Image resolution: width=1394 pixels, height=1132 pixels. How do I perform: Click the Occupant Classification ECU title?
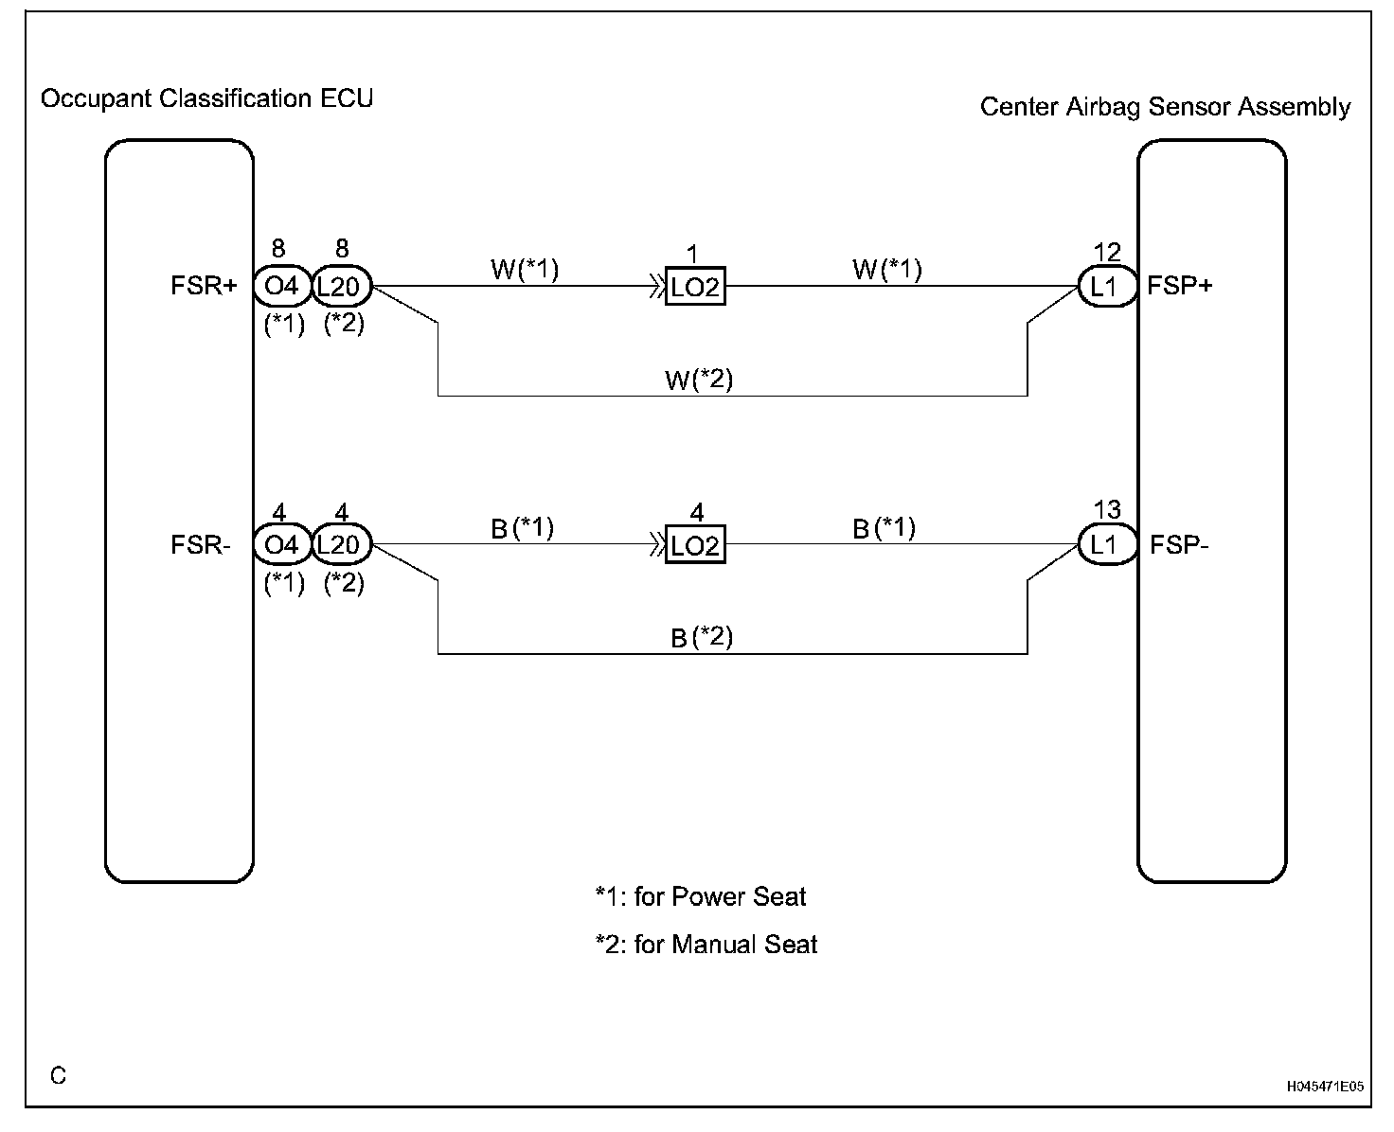pyautogui.click(x=206, y=98)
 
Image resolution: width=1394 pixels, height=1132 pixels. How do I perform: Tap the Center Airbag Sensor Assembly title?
pyautogui.click(x=1165, y=107)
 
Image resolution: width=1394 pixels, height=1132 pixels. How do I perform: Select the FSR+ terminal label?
pyautogui.click(x=204, y=286)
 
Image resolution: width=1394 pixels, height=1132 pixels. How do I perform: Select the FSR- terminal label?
pyautogui.click(x=201, y=545)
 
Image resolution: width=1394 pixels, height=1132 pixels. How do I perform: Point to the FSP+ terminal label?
pyautogui.click(x=1179, y=286)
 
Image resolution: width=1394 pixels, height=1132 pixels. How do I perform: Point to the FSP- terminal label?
pyautogui.click(x=1179, y=545)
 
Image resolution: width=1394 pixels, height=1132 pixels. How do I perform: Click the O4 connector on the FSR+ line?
pyautogui.click(x=281, y=286)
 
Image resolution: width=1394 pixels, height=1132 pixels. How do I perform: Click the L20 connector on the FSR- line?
pyautogui.click(x=341, y=545)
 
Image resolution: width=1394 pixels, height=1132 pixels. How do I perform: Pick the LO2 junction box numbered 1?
pyautogui.click(x=696, y=286)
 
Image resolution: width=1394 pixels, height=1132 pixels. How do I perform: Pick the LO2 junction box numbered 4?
pyautogui.click(x=696, y=545)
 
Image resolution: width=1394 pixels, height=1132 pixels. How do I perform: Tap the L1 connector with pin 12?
pyautogui.click(x=1106, y=286)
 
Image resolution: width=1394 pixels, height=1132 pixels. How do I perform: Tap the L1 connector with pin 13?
pyautogui.click(x=1106, y=545)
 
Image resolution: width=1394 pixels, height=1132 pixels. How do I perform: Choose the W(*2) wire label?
pyautogui.click(x=699, y=380)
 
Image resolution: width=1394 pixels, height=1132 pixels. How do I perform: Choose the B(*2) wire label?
pyautogui.click(x=702, y=637)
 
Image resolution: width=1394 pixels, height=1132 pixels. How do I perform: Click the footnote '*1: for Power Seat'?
pyautogui.click(x=701, y=896)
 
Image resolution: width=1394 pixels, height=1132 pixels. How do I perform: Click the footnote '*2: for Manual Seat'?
pyautogui.click(x=706, y=944)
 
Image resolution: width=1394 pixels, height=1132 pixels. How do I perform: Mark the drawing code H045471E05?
pyautogui.click(x=1325, y=1087)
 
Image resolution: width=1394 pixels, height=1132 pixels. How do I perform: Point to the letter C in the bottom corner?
pyautogui.click(x=59, y=1076)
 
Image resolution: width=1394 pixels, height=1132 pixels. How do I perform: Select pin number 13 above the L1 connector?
pyautogui.click(x=1107, y=510)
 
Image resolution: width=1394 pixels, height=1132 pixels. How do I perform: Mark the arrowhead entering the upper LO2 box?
pyautogui.click(x=656, y=286)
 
